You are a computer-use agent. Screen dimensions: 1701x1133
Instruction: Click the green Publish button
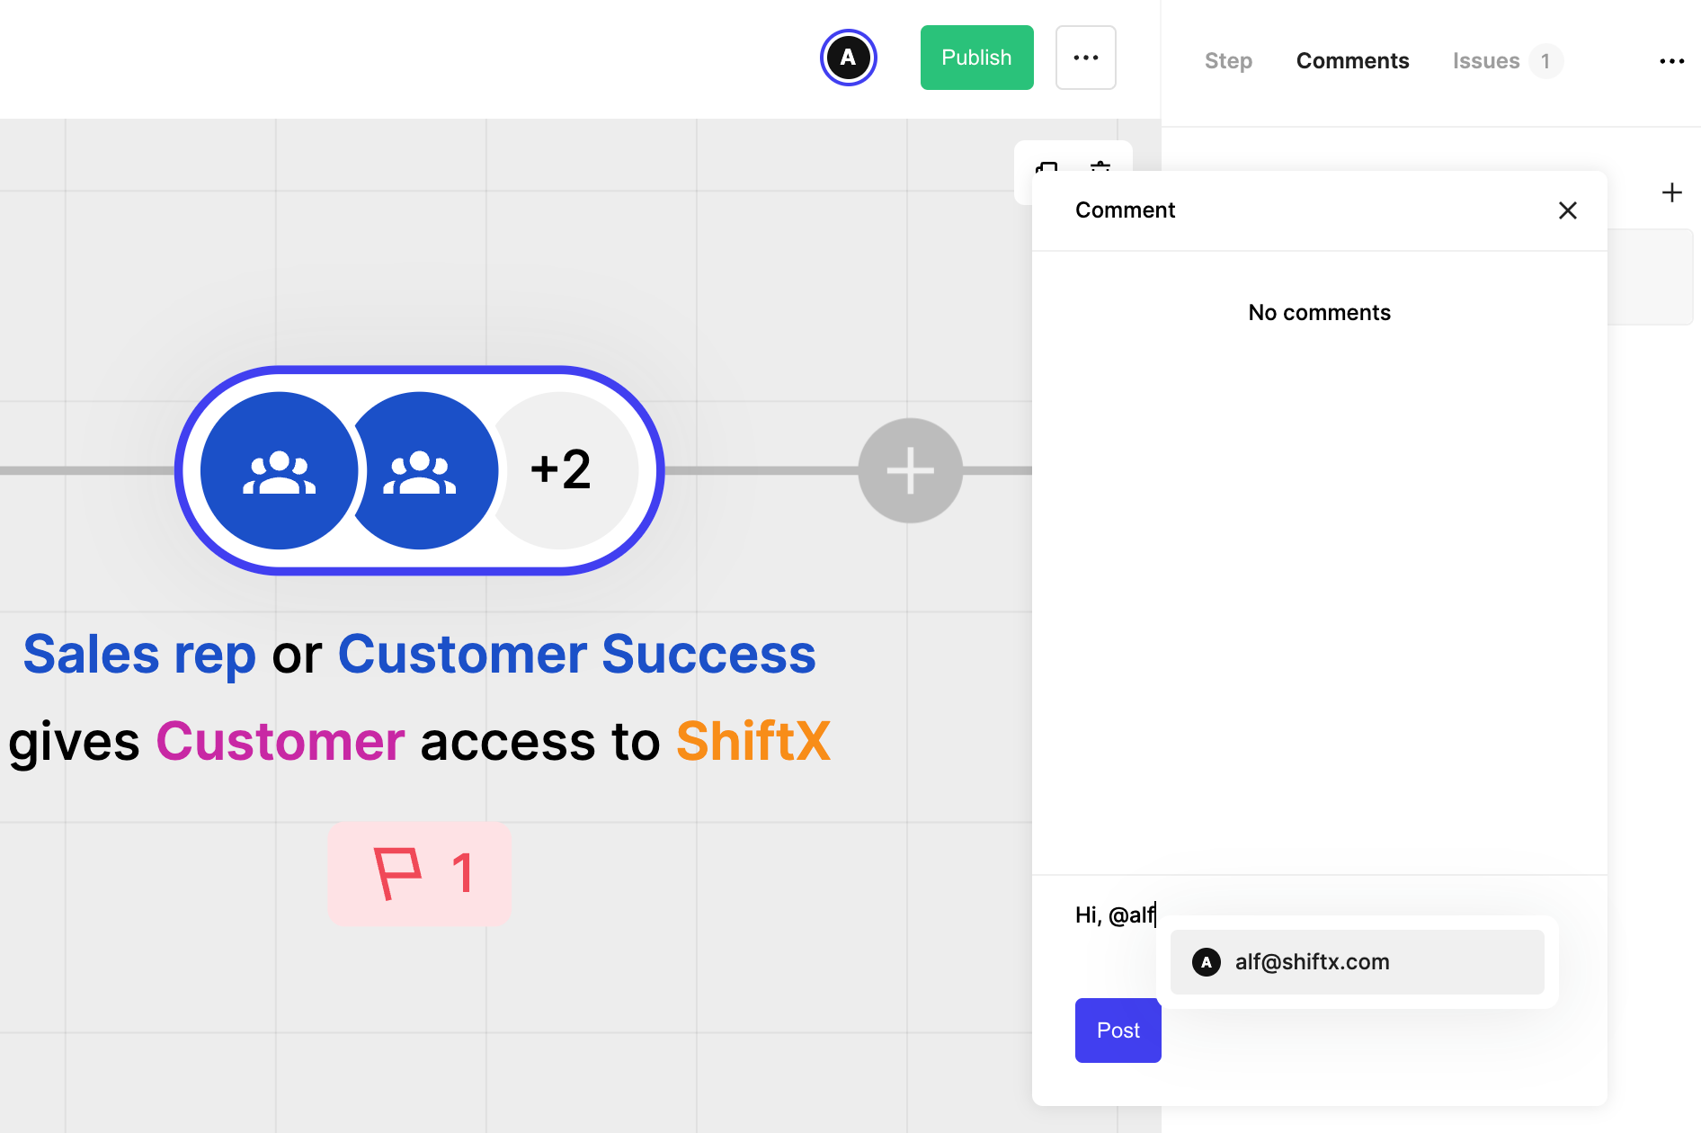pyautogui.click(x=976, y=58)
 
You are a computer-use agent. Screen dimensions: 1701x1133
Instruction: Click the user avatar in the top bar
pyautogui.click(x=848, y=58)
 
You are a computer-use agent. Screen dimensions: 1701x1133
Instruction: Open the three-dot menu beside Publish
pyautogui.click(x=1085, y=58)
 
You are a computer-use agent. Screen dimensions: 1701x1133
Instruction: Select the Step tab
pyautogui.click(x=1228, y=61)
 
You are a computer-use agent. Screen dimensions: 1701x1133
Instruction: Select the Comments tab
pyautogui.click(x=1352, y=61)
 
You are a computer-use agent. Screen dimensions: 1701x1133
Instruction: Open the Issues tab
pyautogui.click(x=1485, y=61)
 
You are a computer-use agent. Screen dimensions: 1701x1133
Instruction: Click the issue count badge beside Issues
pyautogui.click(x=1545, y=61)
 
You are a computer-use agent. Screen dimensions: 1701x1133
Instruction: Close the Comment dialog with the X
pyautogui.click(x=1567, y=210)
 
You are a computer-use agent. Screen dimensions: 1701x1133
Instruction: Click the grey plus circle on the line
pyautogui.click(x=910, y=470)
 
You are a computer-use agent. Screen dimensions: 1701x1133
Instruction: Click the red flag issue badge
pyautogui.click(x=420, y=873)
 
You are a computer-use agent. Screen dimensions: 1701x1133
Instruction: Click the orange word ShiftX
pyautogui.click(x=753, y=742)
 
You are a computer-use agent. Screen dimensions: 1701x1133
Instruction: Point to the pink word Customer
pyautogui.click(x=280, y=742)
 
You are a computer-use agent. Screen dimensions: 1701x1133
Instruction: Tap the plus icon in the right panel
pyautogui.click(x=1671, y=192)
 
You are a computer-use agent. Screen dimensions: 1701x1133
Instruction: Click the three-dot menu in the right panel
pyautogui.click(x=1671, y=61)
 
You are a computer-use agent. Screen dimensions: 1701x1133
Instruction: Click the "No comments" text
pyautogui.click(x=1319, y=313)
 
